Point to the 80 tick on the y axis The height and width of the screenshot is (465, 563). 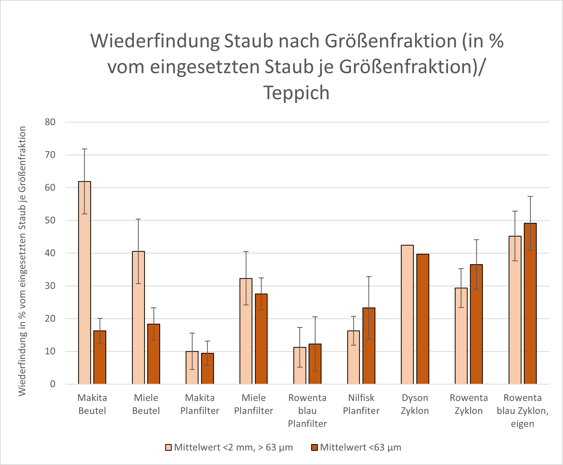click(x=50, y=122)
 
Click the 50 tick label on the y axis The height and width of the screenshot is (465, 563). click(x=50, y=221)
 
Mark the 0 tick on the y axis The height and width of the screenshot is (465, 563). click(x=53, y=384)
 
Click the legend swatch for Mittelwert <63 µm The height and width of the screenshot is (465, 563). click(x=314, y=447)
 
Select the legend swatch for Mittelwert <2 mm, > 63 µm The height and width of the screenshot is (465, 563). click(x=168, y=447)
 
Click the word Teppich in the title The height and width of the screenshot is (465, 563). click(x=296, y=93)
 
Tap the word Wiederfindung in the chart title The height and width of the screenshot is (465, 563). click(x=154, y=41)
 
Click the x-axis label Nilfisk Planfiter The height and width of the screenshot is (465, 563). click(x=361, y=404)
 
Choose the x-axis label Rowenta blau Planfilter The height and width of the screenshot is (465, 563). click(x=307, y=411)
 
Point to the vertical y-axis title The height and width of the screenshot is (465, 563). click(x=22, y=261)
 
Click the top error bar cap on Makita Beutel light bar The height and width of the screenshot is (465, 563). click(x=84, y=149)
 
